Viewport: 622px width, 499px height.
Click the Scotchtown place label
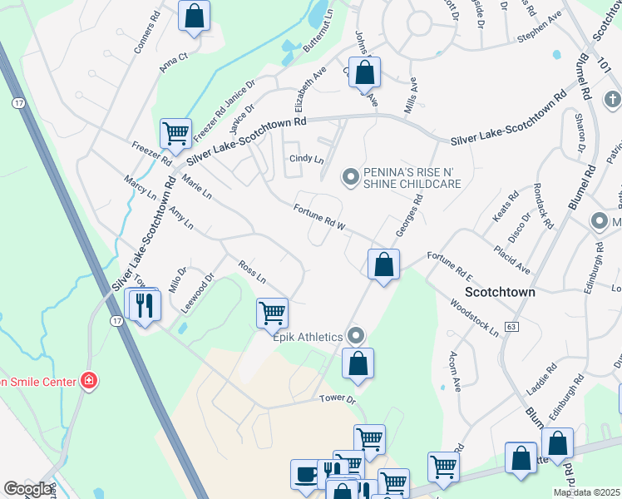(x=499, y=293)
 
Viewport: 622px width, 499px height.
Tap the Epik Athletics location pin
(x=357, y=336)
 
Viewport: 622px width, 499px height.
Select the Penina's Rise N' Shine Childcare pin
(x=351, y=176)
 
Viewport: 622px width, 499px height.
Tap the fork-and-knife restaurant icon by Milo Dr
(x=146, y=305)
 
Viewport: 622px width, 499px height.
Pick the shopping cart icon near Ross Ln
(x=272, y=314)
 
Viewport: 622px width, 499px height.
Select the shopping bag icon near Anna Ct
(x=194, y=15)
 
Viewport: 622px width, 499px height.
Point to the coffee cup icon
(x=306, y=474)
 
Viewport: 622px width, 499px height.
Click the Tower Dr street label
(x=338, y=399)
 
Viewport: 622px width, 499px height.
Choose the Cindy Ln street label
(x=305, y=159)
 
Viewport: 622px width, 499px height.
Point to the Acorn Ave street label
(x=456, y=370)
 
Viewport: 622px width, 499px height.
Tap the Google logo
(x=28, y=489)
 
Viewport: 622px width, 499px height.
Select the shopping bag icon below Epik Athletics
(x=358, y=363)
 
